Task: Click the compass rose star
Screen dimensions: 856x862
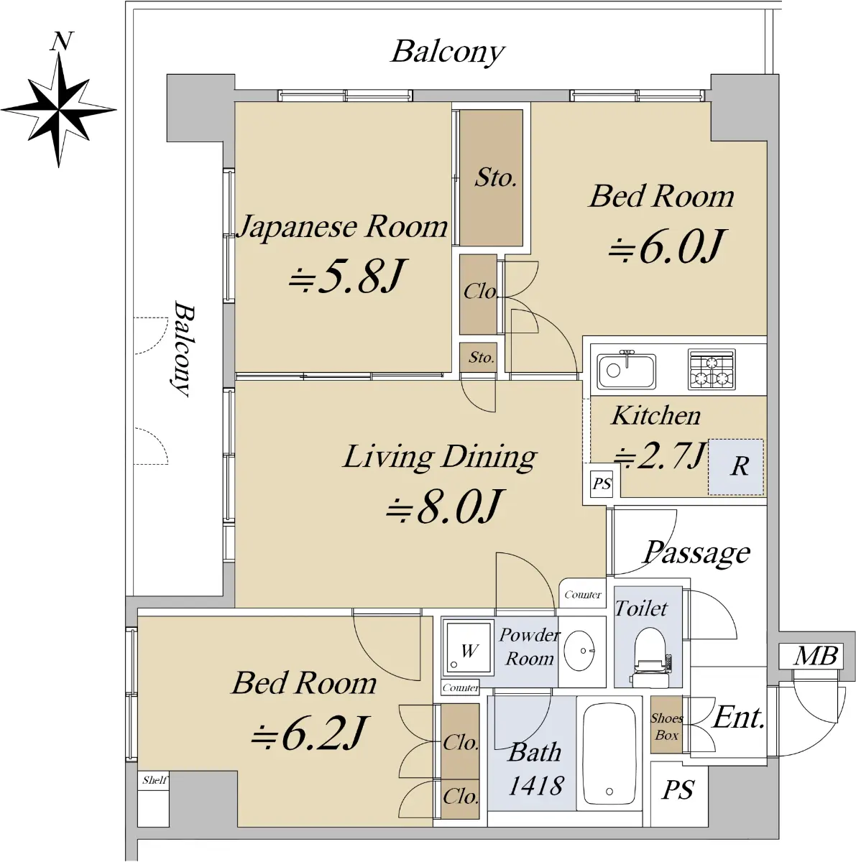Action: click(x=59, y=110)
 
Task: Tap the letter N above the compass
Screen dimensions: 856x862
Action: click(x=60, y=41)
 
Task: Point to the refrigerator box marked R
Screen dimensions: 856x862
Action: click(x=735, y=467)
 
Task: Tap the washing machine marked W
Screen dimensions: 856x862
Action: click(x=468, y=648)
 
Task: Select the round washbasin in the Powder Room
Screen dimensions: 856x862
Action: click(x=579, y=651)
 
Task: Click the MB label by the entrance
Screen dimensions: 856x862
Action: click(x=816, y=657)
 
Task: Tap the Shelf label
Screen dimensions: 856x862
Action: click(x=154, y=781)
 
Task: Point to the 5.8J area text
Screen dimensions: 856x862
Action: click(x=347, y=276)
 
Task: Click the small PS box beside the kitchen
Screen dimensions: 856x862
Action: click(x=602, y=483)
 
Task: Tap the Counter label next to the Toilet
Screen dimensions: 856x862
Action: click(x=582, y=595)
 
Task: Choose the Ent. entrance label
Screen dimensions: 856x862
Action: click(x=738, y=718)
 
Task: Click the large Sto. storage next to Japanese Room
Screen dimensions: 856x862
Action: click(x=492, y=177)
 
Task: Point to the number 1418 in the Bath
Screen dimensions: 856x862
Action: click(x=535, y=785)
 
